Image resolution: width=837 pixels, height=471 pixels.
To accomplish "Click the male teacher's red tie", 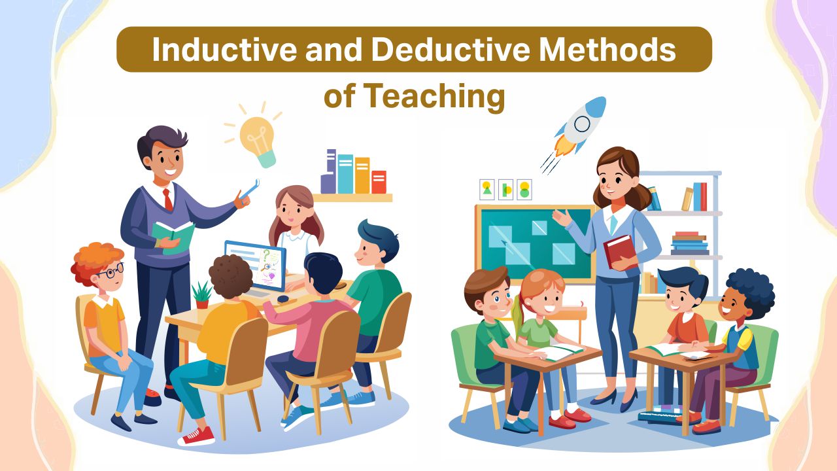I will tap(168, 200).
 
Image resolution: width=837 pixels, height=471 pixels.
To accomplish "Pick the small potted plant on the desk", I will tap(202, 295).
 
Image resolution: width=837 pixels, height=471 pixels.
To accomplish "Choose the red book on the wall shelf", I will tap(379, 181).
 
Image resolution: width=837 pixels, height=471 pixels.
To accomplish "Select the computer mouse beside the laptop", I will tap(282, 299).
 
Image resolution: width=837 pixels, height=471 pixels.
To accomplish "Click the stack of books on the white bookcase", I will tap(690, 243).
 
